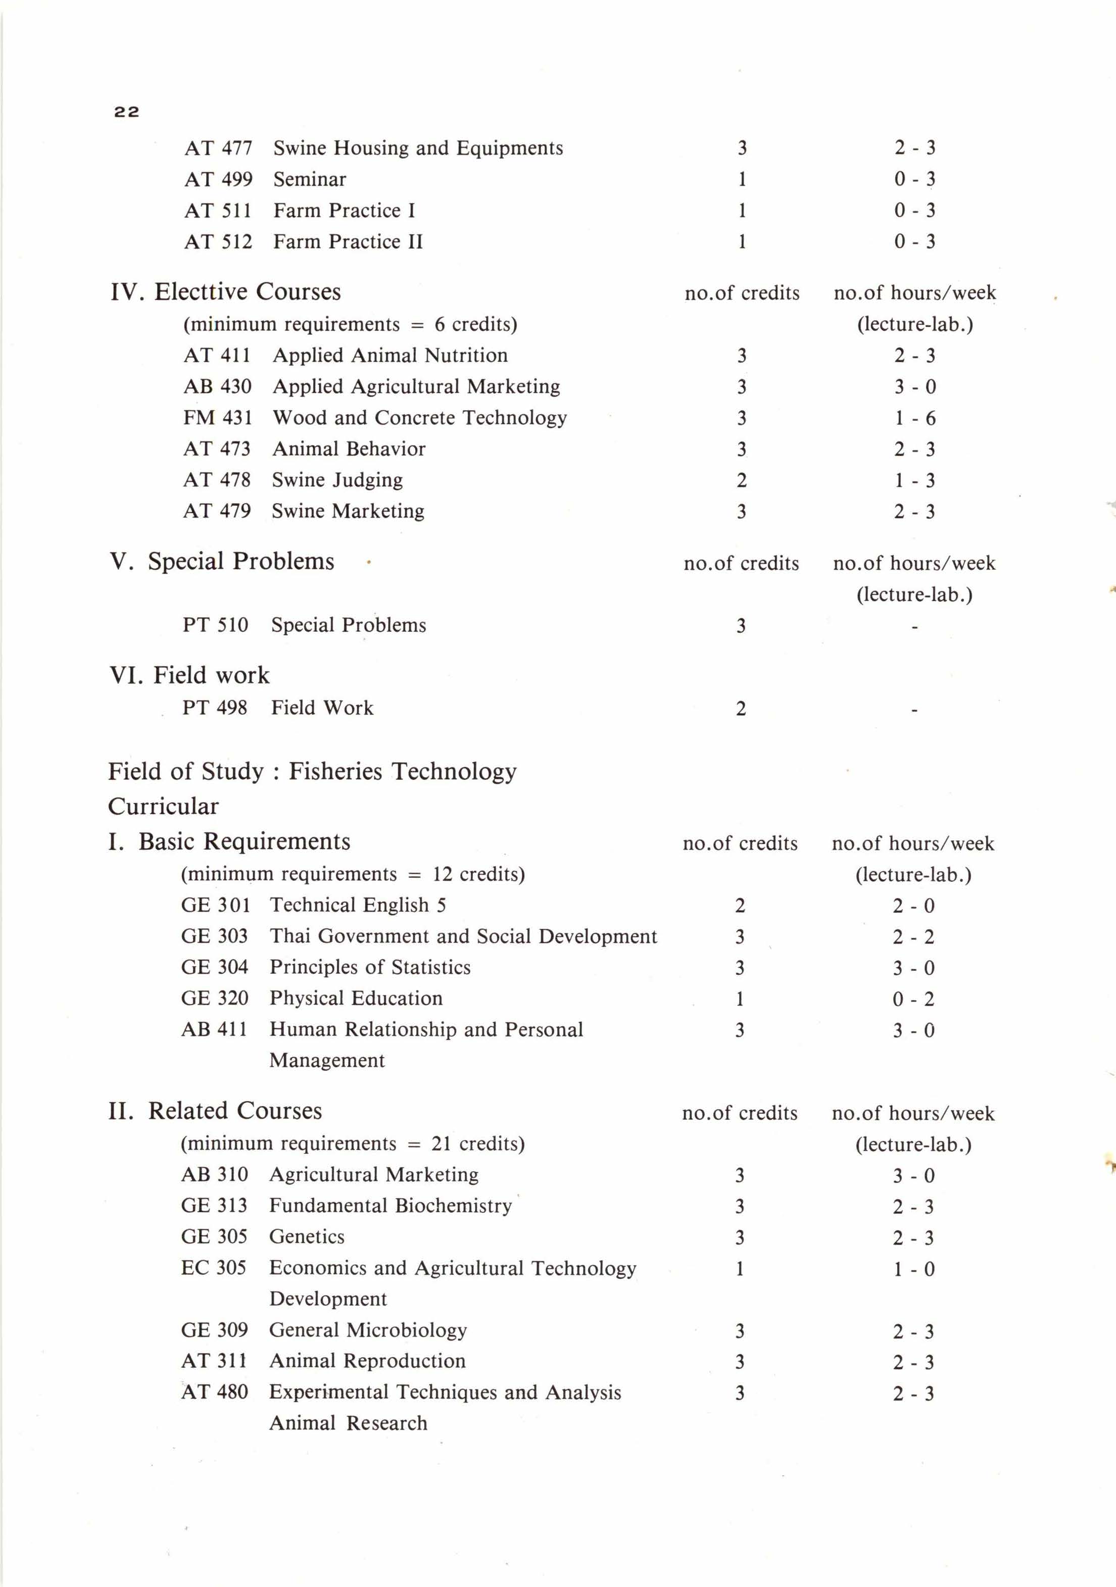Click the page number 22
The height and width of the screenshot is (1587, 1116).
(x=126, y=112)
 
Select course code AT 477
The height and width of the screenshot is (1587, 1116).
(x=218, y=148)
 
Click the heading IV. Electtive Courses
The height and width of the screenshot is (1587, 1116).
(x=225, y=291)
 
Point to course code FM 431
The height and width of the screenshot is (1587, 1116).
(x=217, y=418)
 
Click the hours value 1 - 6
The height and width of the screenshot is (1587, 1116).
(x=914, y=418)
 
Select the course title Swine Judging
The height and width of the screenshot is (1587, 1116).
(x=337, y=480)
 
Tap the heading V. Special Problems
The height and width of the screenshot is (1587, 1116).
(x=221, y=561)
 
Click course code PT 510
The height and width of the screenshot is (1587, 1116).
(x=215, y=625)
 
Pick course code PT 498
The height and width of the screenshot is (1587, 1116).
(x=214, y=708)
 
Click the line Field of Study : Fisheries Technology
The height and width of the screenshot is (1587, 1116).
(x=312, y=771)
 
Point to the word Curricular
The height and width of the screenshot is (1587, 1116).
(x=163, y=807)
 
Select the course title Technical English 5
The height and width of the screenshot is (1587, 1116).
(x=358, y=906)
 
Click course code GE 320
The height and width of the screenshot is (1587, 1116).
(x=214, y=999)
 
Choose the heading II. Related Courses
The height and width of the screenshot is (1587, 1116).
(x=215, y=1111)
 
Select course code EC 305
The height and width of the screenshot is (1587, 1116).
(x=214, y=1268)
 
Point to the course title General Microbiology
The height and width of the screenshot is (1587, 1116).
(x=368, y=1330)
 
